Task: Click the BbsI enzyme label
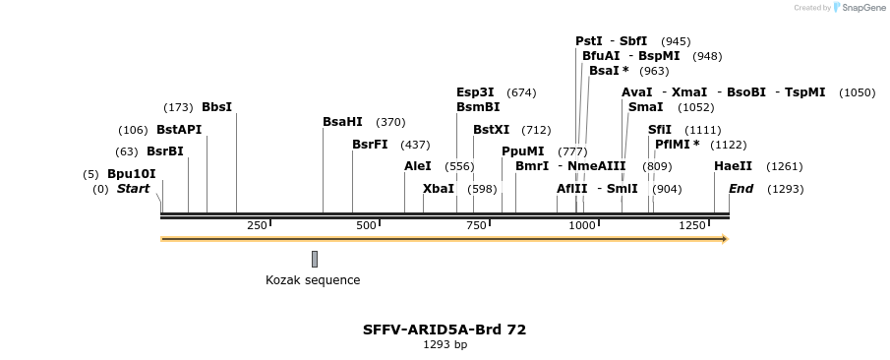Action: tap(216, 106)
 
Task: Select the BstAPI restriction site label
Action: tap(178, 129)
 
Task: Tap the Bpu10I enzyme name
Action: tap(132, 174)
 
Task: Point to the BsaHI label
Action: tap(342, 122)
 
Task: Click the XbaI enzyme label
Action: tap(439, 189)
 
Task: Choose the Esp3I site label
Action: tap(475, 92)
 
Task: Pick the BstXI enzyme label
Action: tap(491, 129)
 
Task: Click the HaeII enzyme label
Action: tap(733, 166)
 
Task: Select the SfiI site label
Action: tap(660, 129)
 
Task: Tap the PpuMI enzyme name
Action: tap(522, 151)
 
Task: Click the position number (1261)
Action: tap(784, 166)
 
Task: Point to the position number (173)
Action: tap(178, 106)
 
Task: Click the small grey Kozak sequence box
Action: tap(315, 259)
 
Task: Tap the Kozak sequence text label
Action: tap(313, 280)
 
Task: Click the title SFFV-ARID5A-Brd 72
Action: tap(445, 330)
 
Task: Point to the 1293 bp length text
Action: tap(445, 345)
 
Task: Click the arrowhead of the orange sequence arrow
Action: tap(724, 239)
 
